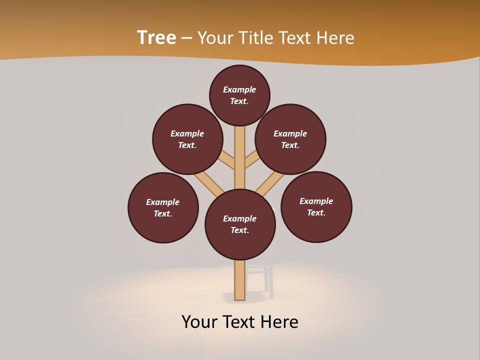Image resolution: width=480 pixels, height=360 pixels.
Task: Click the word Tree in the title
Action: [156, 37]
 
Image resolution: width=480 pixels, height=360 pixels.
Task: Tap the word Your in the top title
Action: [215, 38]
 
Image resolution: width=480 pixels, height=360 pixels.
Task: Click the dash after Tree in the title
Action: [186, 38]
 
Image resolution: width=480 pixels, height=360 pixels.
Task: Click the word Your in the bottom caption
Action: [199, 322]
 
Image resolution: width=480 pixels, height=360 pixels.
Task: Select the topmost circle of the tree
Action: [239, 95]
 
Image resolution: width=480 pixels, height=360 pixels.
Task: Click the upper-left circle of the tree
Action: [187, 139]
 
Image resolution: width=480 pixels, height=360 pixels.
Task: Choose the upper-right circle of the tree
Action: [290, 139]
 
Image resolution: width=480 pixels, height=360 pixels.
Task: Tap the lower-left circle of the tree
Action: [163, 208]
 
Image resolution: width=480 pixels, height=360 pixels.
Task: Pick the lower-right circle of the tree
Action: [316, 207]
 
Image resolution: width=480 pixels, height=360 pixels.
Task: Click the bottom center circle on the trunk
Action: [240, 224]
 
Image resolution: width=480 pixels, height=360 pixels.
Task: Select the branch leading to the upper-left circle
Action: [226, 159]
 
